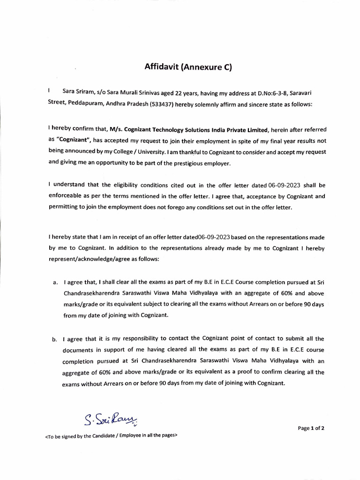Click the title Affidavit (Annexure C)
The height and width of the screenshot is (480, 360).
pyautogui.click(x=188, y=67)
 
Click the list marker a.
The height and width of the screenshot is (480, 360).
pyautogui.click(x=55, y=283)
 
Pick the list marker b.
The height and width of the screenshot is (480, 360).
pyautogui.click(x=55, y=339)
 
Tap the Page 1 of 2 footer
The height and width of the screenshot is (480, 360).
pyautogui.click(x=311, y=428)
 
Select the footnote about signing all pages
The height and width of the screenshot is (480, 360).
pyautogui.click(x=111, y=435)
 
